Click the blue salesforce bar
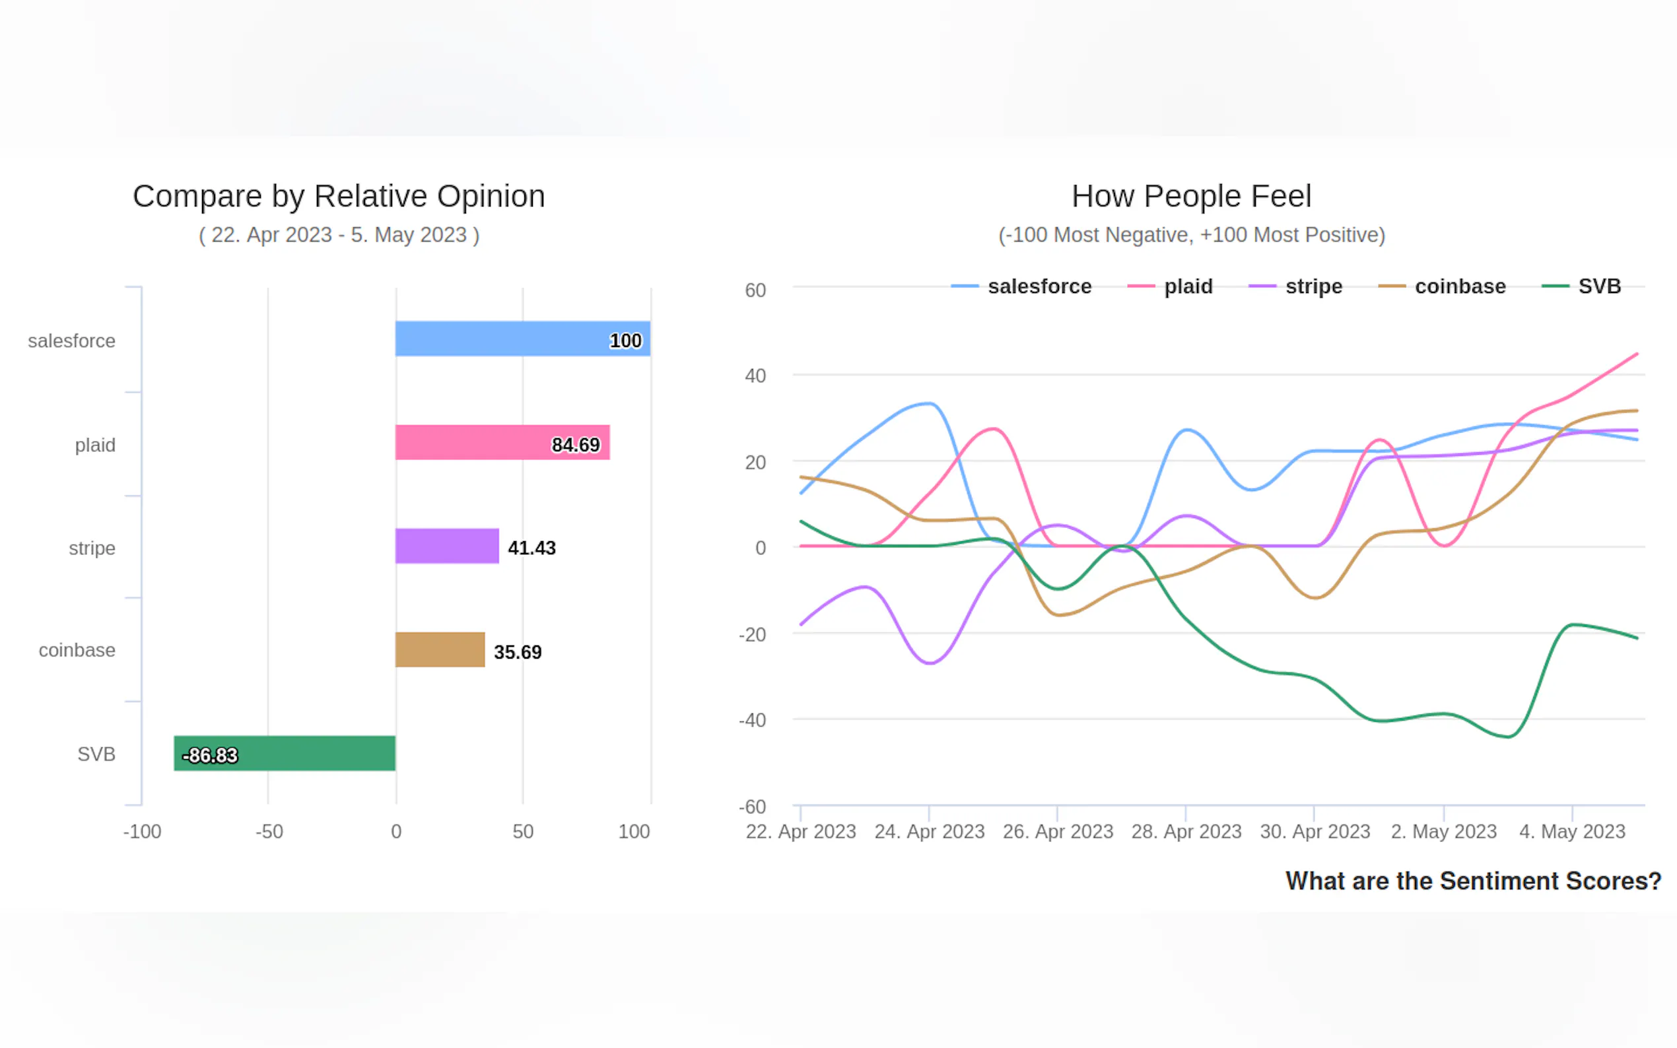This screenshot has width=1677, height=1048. tap(522, 339)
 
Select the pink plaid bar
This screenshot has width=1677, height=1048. tap(502, 442)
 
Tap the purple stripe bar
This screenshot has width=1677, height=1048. tap(446, 546)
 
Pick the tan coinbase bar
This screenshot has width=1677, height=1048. tap(440, 649)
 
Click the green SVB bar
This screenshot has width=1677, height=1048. tap(285, 754)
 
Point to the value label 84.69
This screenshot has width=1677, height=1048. tap(576, 445)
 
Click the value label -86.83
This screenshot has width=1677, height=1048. tap(209, 756)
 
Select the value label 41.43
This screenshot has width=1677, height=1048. tap(531, 548)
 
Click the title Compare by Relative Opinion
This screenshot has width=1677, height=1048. tap(338, 196)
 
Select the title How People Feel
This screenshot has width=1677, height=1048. tap(1191, 196)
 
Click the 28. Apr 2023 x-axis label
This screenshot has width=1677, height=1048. tap(1186, 831)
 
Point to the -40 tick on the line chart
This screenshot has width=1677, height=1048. tap(752, 720)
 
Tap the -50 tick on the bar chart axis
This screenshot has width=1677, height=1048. tap(269, 831)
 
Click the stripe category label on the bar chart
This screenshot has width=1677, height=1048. tap(92, 548)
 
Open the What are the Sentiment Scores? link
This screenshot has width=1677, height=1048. tap(1473, 881)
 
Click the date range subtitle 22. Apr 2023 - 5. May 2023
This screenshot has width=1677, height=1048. tap(338, 235)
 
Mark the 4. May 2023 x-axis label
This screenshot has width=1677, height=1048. tap(1571, 831)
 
